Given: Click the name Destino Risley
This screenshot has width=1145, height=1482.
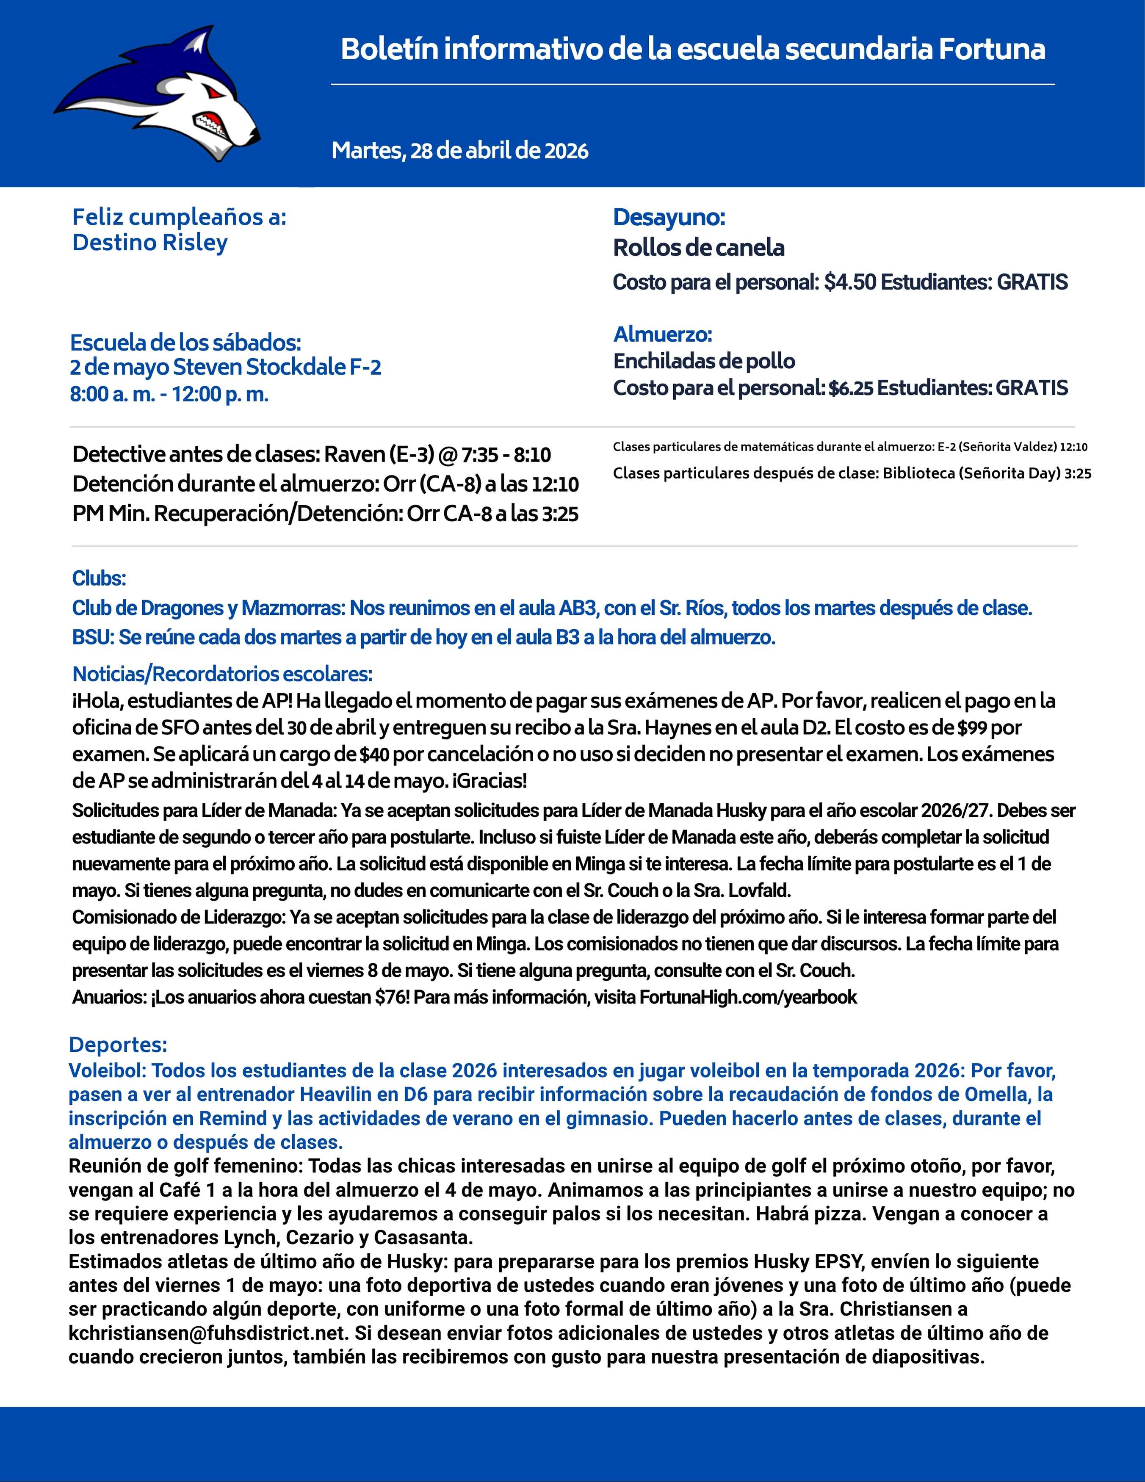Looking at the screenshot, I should point(150,242).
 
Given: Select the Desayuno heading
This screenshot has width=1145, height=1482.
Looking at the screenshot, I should point(669,217).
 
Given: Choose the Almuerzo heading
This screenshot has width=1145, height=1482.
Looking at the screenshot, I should point(662,335).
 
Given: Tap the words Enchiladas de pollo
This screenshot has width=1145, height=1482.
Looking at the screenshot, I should point(704,361).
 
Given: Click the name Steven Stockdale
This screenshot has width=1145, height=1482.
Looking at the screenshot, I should point(259,367).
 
